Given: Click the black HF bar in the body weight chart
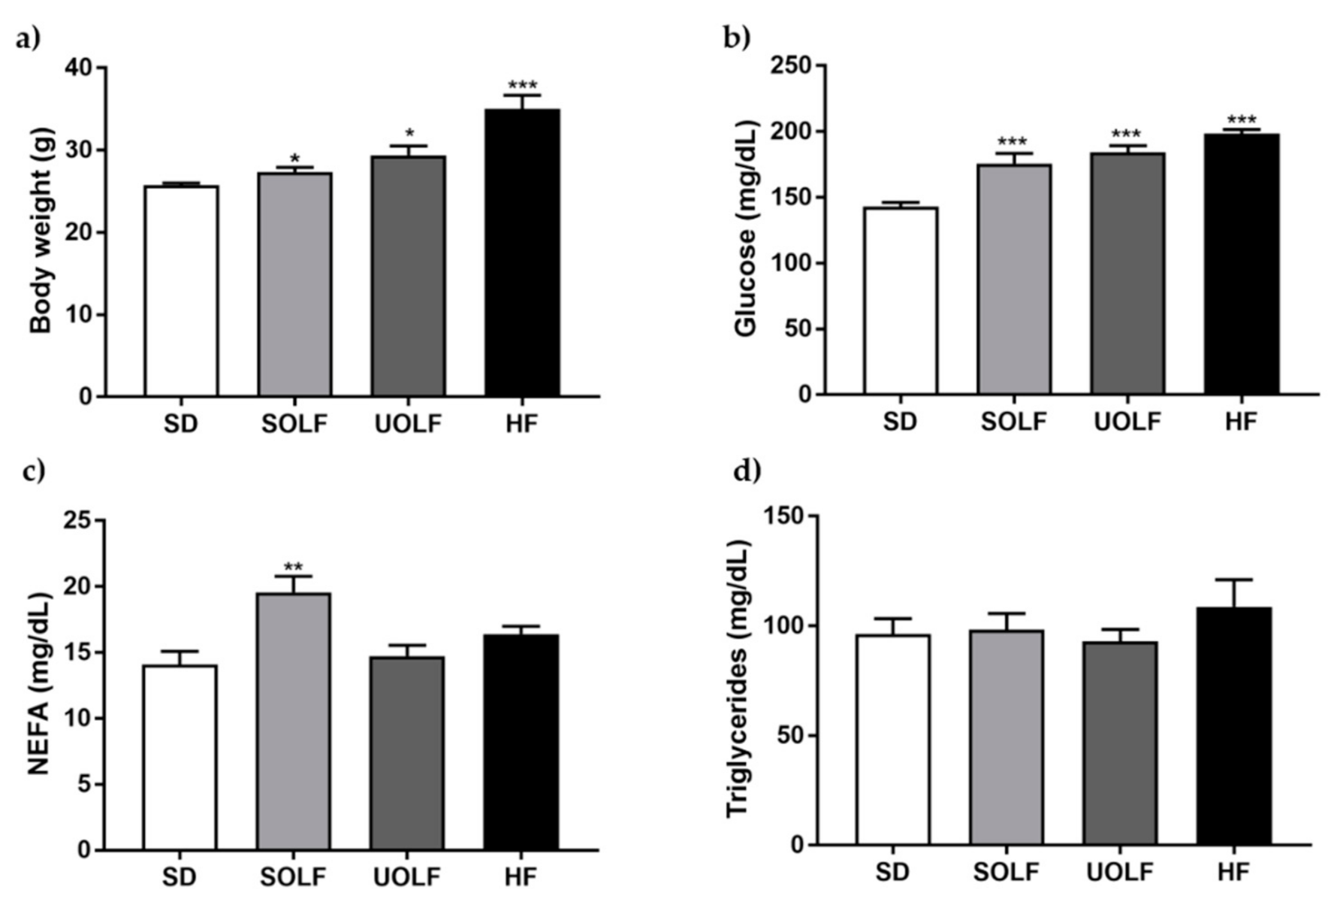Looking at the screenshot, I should click(x=521, y=253).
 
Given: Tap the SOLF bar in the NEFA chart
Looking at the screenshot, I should click(x=293, y=722).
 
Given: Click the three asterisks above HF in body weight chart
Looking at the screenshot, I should click(x=522, y=85).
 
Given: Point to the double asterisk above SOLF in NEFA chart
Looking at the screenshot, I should click(x=293, y=567).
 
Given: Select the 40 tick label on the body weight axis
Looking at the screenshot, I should click(x=80, y=68).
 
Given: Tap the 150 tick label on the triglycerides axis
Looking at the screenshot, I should click(x=783, y=516).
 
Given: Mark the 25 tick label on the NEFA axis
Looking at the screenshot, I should click(x=80, y=520).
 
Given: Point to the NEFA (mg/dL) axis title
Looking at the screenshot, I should click(x=39, y=685).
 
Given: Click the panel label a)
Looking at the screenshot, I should click(x=29, y=40).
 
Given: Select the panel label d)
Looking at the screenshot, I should click(x=747, y=471).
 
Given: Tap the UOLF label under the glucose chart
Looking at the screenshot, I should click(x=1127, y=422).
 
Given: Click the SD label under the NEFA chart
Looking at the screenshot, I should click(x=180, y=876).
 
